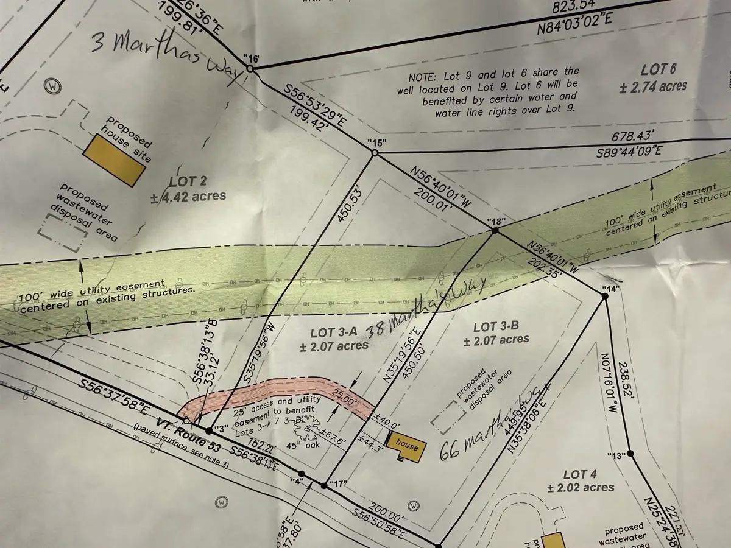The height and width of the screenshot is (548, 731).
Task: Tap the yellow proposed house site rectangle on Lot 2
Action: (x=114, y=160)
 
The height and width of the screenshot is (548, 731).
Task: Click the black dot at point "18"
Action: (x=495, y=231)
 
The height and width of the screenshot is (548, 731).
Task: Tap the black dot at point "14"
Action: (x=605, y=296)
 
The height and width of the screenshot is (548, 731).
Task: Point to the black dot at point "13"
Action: (x=630, y=454)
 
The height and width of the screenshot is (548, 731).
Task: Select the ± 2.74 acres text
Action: (x=653, y=86)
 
